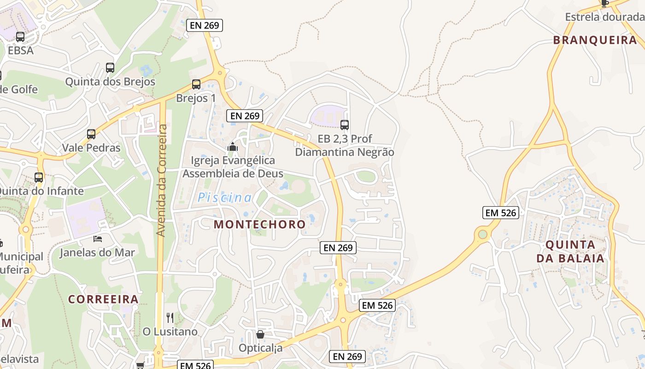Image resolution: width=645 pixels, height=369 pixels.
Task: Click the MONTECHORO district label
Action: (260, 225)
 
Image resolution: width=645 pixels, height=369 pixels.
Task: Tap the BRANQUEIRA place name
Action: (595, 40)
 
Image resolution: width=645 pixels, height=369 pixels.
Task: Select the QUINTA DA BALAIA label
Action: (570, 251)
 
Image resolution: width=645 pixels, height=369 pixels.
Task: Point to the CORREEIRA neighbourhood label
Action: (104, 299)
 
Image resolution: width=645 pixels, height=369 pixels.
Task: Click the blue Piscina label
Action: (225, 198)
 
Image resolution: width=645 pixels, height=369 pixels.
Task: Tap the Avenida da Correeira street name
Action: (161, 180)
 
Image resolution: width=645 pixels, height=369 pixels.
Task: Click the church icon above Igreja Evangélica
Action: (233, 147)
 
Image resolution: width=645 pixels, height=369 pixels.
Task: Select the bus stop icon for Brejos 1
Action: (196, 84)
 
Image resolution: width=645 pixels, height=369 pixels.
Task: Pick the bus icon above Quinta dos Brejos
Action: (110, 68)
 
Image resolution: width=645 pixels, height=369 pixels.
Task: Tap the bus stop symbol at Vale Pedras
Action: (91, 134)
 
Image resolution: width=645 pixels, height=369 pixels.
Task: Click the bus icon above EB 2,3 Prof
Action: (345, 125)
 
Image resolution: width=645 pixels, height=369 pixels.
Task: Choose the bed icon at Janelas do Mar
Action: (98, 238)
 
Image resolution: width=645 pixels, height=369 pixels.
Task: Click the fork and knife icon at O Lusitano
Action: (170, 317)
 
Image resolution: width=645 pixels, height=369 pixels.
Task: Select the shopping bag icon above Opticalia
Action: (260, 334)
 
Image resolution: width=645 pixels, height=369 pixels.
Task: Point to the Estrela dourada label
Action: (604, 17)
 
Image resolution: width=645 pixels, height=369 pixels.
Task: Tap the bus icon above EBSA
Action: (20, 37)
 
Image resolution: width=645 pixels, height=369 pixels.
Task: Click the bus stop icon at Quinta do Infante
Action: (39, 177)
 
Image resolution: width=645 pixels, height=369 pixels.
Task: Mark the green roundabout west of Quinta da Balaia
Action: (482, 234)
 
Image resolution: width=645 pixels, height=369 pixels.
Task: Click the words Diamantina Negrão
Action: (345, 152)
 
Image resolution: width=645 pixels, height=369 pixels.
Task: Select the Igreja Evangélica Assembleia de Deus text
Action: (229, 167)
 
